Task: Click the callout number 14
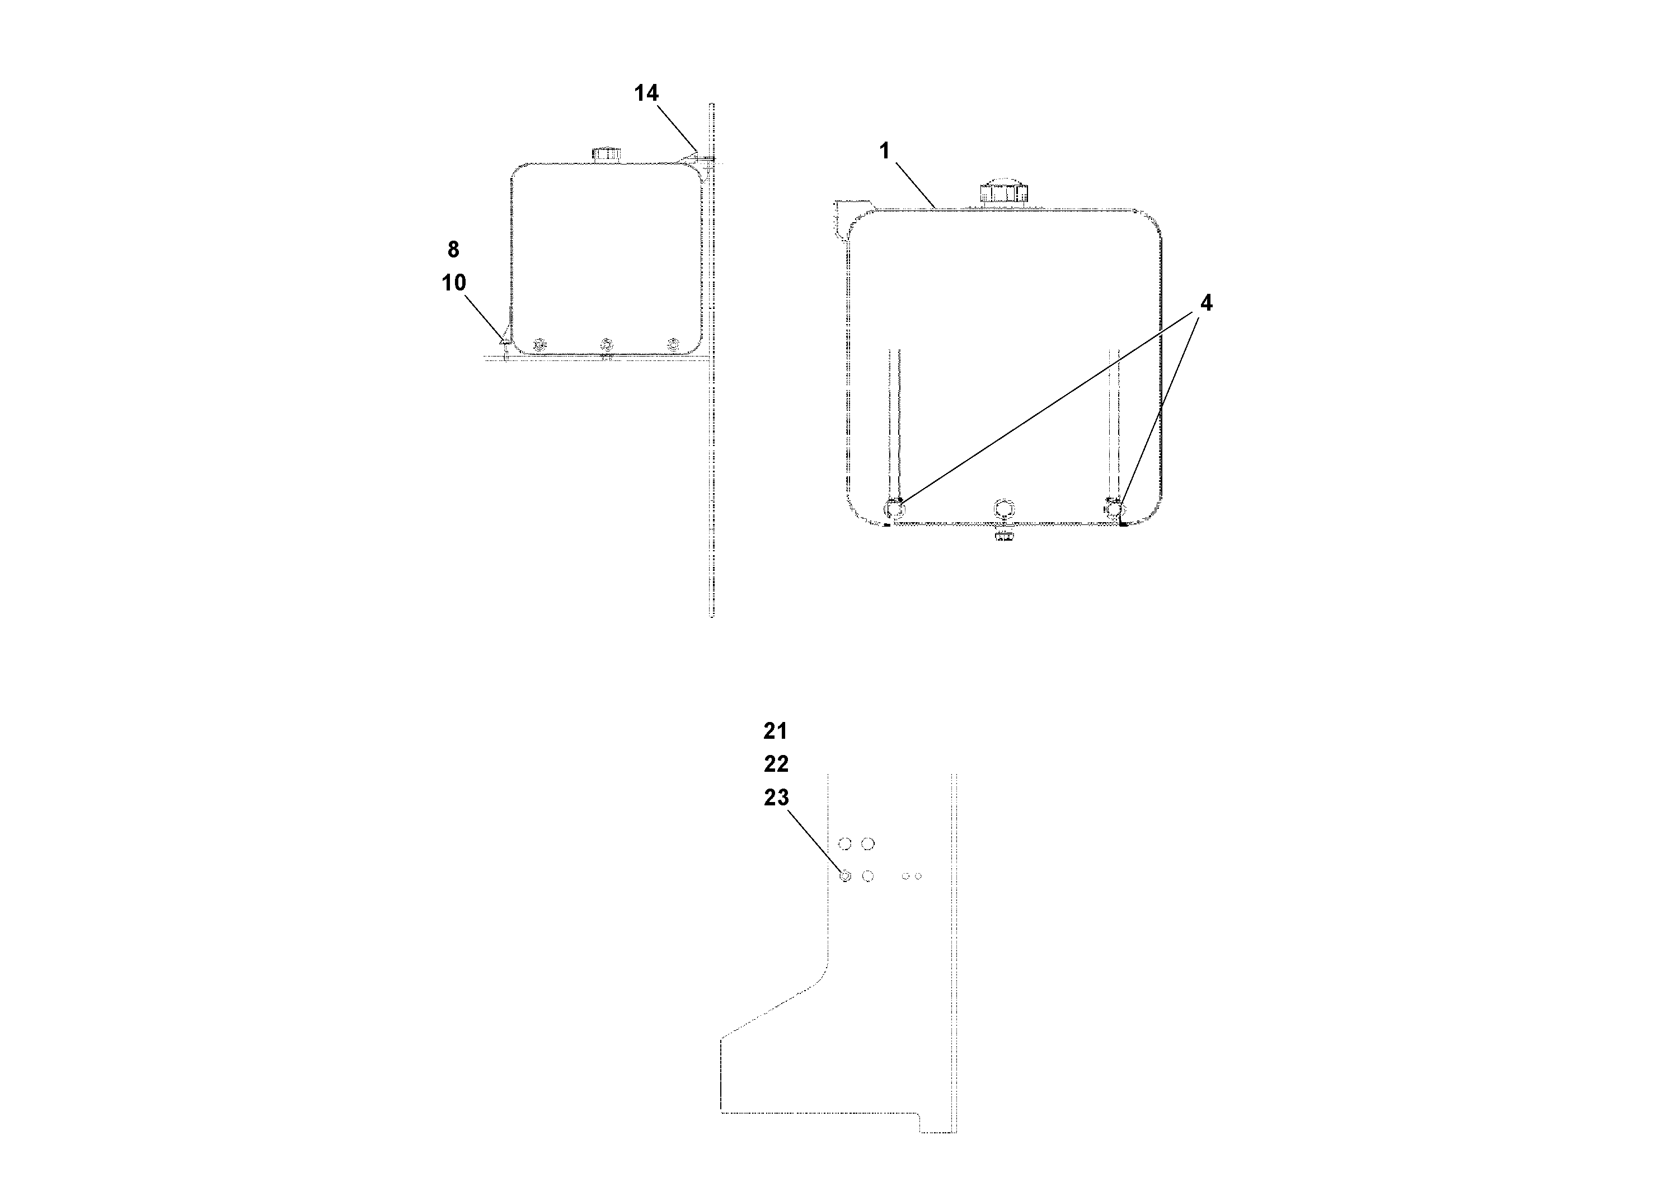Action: pyautogui.click(x=646, y=93)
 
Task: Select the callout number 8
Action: pyautogui.click(x=453, y=250)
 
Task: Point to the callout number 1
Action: pyautogui.click(x=884, y=151)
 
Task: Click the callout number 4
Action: pyautogui.click(x=1206, y=303)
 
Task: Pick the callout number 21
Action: pyautogui.click(x=775, y=731)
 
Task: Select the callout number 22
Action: pyautogui.click(x=776, y=763)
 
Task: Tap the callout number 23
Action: pyautogui.click(x=776, y=798)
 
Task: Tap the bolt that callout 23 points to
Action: pyautogui.click(x=844, y=876)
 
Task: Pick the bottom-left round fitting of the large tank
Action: pyautogui.click(x=894, y=509)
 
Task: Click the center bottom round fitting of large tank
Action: pyautogui.click(x=1003, y=509)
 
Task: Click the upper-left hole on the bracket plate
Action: pyautogui.click(x=844, y=844)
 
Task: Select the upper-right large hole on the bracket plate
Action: pyautogui.click(x=868, y=844)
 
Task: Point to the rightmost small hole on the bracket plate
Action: pyautogui.click(x=918, y=876)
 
